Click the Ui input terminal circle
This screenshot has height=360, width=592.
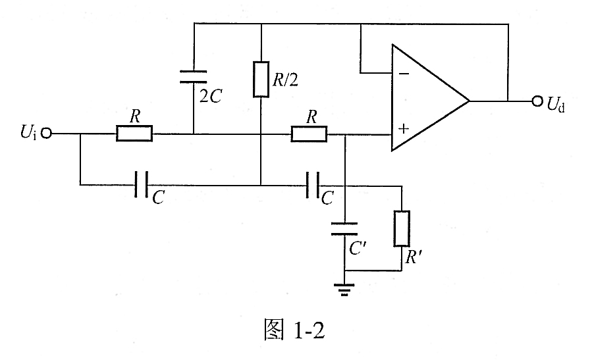click(x=46, y=133)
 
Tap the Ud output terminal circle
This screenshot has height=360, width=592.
click(x=537, y=101)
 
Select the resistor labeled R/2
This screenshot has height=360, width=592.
click(x=261, y=79)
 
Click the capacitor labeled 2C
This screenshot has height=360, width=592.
click(x=194, y=76)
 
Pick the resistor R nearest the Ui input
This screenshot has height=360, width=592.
click(x=134, y=134)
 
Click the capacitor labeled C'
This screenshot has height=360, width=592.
click(x=344, y=228)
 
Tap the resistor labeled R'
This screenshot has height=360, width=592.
click(x=402, y=228)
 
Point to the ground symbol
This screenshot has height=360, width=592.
click(x=344, y=290)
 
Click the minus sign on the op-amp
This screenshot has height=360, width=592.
click(x=404, y=74)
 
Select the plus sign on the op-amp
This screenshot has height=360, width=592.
click(x=404, y=129)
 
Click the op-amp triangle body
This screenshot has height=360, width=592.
click(x=431, y=98)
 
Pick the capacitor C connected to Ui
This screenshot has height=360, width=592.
click(x=142, y=184)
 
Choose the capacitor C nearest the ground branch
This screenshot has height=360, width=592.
click(x=313, y=185)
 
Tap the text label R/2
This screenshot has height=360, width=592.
click(x=285, y=80)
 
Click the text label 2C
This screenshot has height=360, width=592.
click(x=211, y=96)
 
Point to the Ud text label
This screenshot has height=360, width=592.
click(x=556, y=104)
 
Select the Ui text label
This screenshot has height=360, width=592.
click(x=28, y=132)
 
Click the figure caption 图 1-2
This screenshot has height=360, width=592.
click(x=294, y=330)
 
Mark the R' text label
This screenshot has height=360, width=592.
click(x=414, y=257)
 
